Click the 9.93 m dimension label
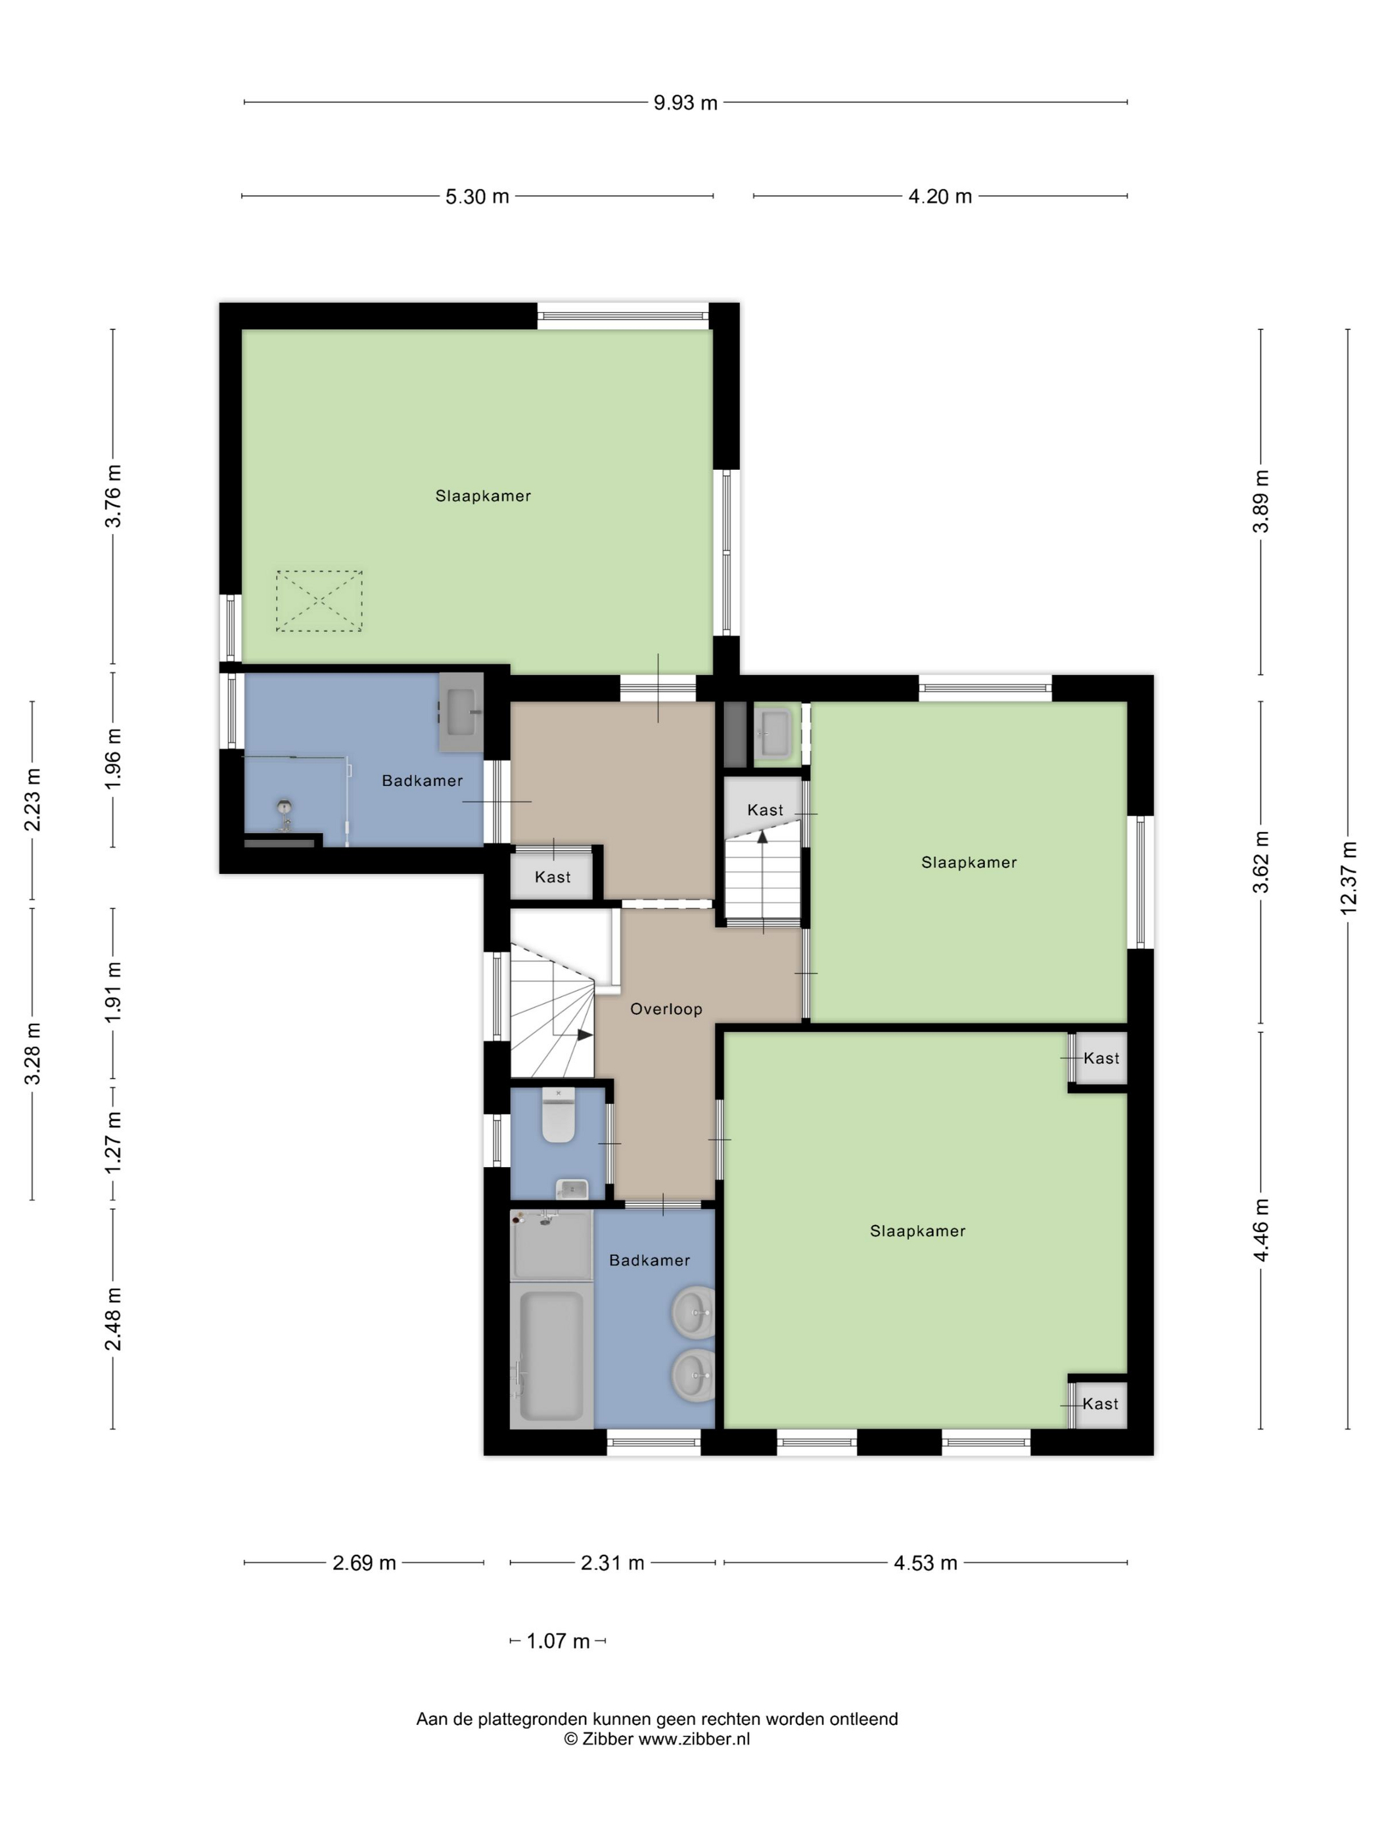(685, 103)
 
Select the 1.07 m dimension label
(558, 1640)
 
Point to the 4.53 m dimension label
(925, 1562)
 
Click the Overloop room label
(666, 1009)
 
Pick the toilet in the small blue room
(558, 1115)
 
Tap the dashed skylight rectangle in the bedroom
(319, 601)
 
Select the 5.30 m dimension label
(476, 196)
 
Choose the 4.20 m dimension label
(940, 196)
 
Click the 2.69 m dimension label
(364, 1562)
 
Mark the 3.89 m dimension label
(1261, 501)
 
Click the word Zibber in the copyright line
(607, 1737)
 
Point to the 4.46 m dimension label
(1261, 1230)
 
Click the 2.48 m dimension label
(113, 1318)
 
